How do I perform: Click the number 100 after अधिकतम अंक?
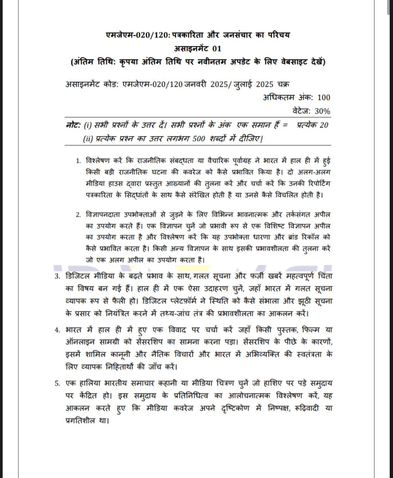(324, 98)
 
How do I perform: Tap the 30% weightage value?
(322, 111)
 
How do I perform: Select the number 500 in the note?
(198, 139)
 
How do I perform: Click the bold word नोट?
(73, 125)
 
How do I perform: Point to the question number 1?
(78, 161)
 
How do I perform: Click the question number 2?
(78, 215)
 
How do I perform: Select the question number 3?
(57, 277)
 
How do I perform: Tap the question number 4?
(57, 330)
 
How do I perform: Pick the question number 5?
(57, 383)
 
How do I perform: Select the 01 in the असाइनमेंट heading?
(217, 49)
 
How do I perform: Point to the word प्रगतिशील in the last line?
(80, 421)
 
